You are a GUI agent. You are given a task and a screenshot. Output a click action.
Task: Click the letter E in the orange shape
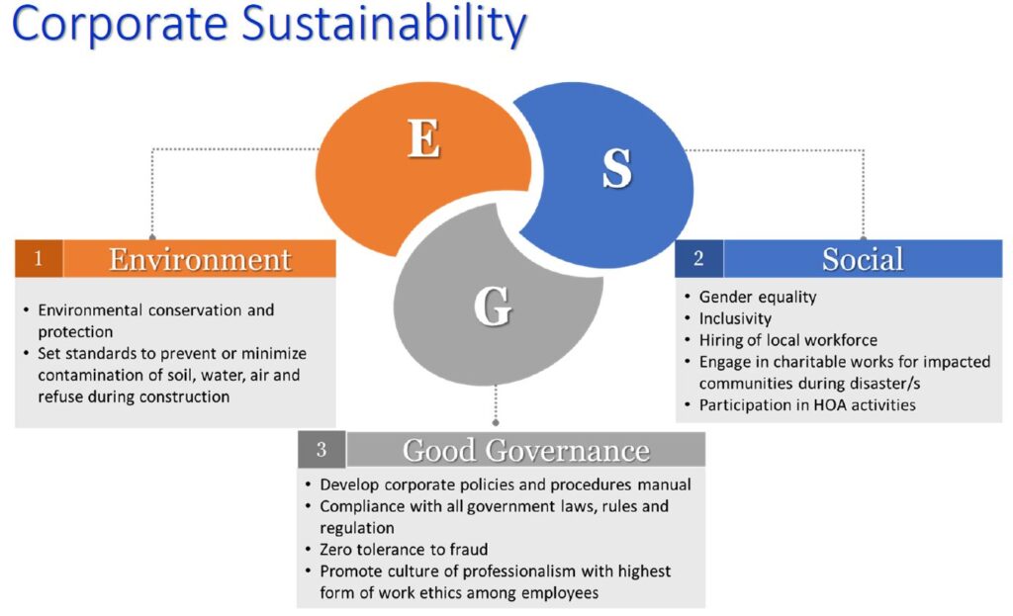[x=423, y=138]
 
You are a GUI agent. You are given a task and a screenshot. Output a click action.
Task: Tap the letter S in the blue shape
[x=617, y=168]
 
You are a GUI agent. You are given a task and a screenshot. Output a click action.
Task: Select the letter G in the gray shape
[x=493, y=306]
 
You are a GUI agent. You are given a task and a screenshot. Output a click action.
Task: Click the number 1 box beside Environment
[x=39, y=259]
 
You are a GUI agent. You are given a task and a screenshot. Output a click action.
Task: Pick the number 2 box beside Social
[x=699, y=259]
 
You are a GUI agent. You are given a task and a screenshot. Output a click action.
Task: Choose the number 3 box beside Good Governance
[x=322, y=450]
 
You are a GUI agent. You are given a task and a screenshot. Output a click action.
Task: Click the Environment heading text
[x=200, y=260]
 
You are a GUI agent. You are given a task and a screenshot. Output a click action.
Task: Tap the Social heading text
[x=863, y=260]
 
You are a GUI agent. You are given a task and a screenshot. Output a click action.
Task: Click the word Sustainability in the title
[x=384, y=26]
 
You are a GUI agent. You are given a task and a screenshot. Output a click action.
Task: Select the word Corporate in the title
[x=120, y=26]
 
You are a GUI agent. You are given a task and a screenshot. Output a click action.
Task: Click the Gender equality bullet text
[x=758, y=297]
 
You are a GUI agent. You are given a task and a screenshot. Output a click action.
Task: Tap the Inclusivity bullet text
[x=735, y=318]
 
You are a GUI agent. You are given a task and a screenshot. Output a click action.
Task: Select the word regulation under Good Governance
[x=356, y=528]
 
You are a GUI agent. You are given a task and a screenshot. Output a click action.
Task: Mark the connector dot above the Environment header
[x=152, y=237]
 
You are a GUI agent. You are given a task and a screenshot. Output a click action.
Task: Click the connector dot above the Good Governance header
[x=496, y=423]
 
